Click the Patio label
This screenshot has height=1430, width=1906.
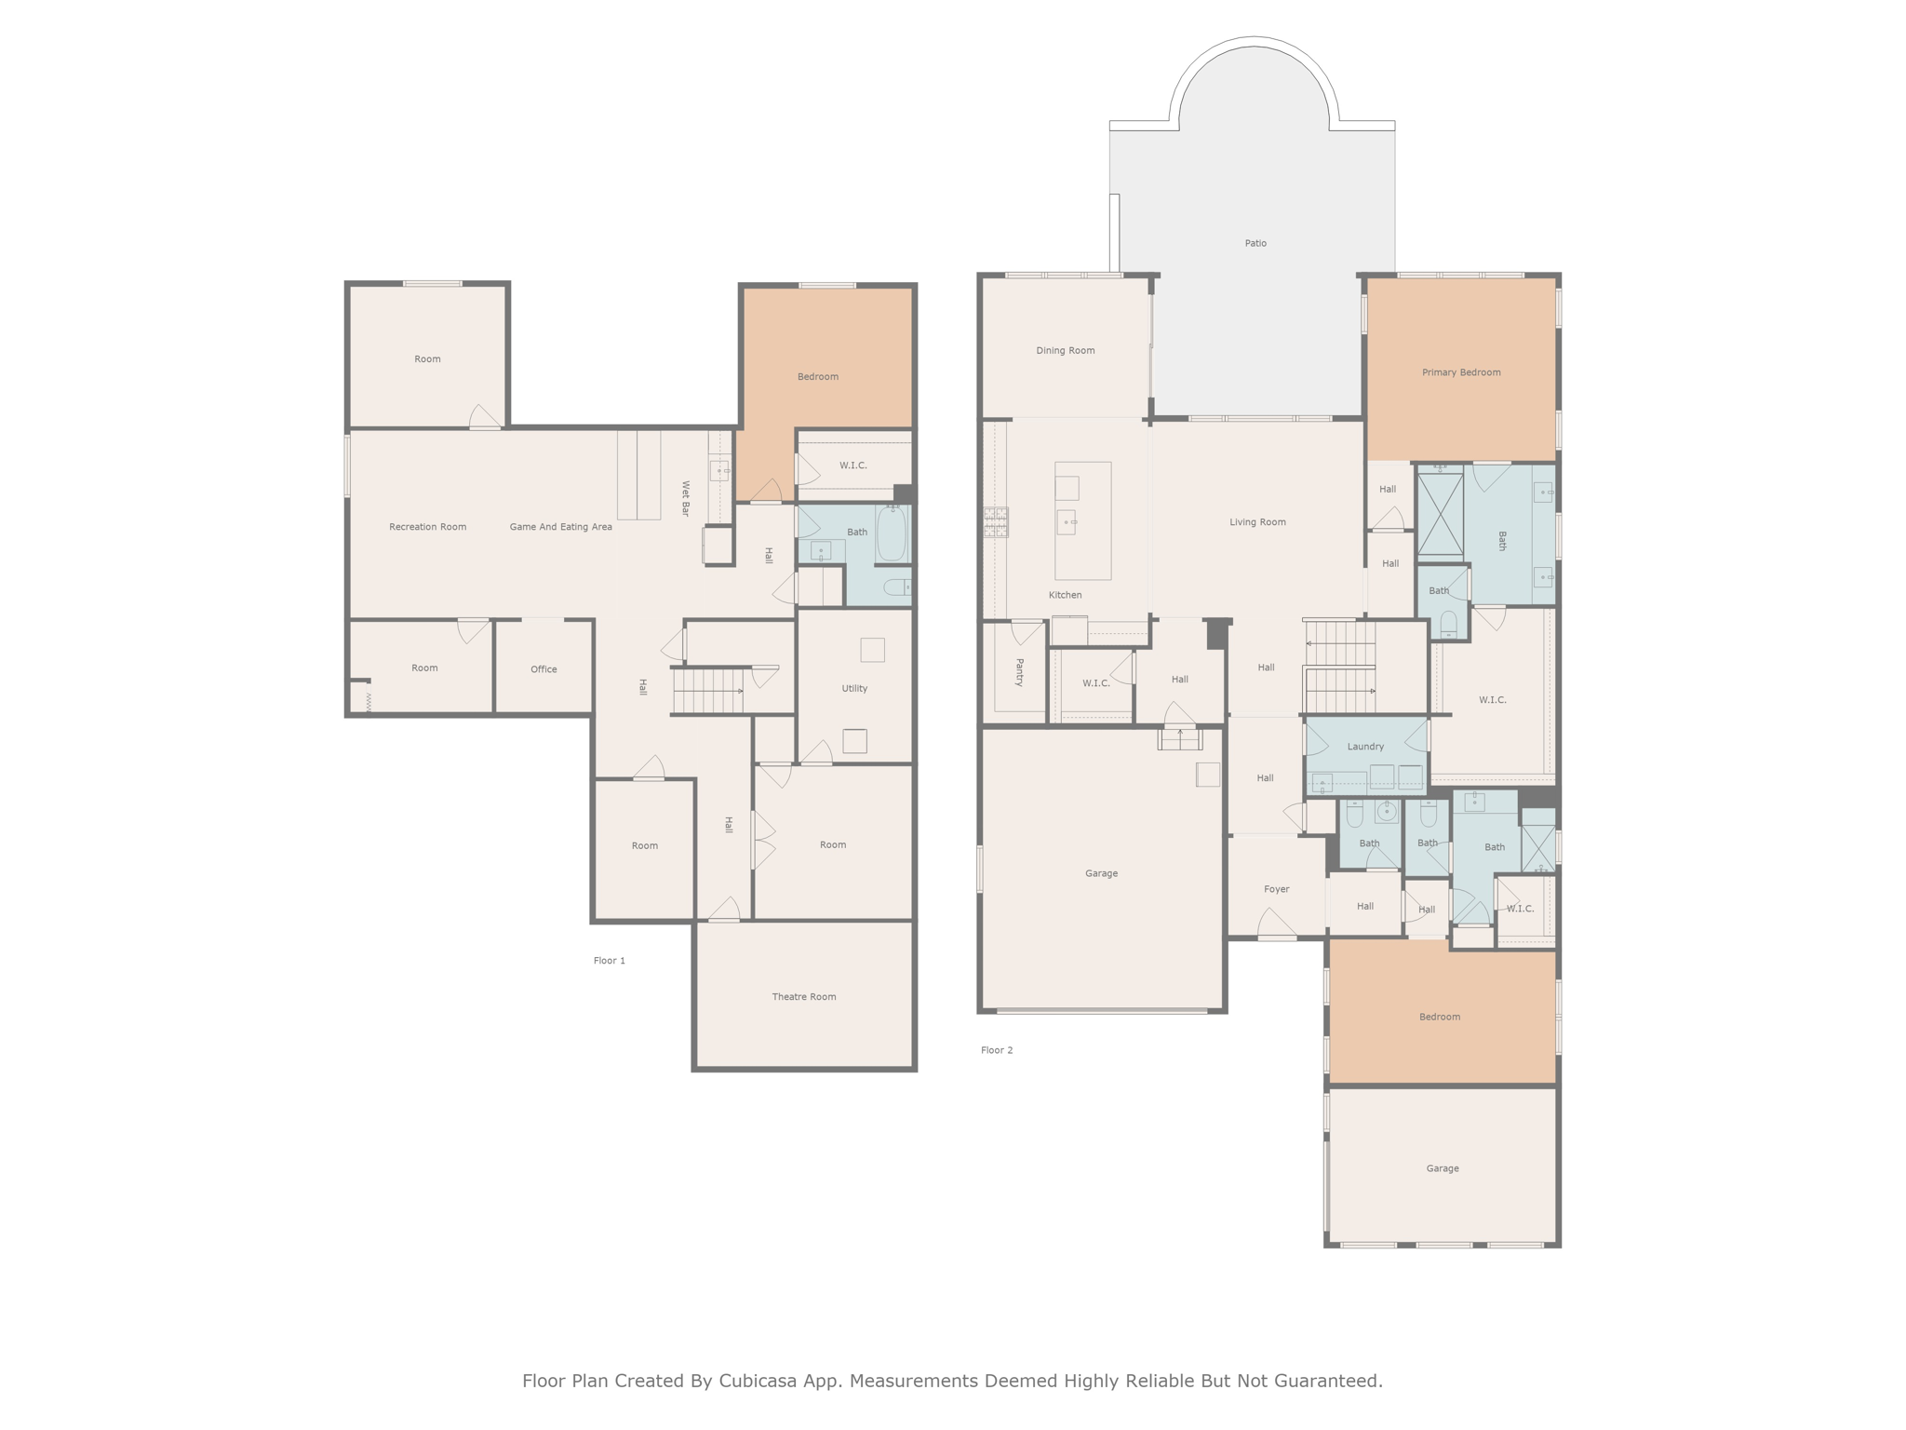1255,243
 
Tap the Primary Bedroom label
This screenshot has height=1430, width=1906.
1460,372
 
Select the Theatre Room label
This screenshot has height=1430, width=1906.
803,996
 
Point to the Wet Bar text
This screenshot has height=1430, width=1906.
686,498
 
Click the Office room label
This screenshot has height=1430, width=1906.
544,669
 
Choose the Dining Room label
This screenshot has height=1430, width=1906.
1065,351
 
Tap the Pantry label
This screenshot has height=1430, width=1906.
1019,672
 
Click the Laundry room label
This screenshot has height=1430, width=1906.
1365,747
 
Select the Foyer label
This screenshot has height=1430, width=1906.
1276,889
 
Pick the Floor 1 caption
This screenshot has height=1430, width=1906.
610,961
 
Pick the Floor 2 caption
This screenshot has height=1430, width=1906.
996,1050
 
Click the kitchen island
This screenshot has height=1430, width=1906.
1082,521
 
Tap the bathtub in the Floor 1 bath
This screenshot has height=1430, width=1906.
891,533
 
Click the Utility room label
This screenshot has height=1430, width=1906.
854,689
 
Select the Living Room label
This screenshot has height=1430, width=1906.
1257,522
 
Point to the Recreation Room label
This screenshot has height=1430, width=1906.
427,527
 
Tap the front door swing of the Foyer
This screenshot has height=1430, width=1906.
1276,924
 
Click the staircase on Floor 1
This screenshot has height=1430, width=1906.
707,691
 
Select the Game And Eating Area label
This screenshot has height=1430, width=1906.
560,527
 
